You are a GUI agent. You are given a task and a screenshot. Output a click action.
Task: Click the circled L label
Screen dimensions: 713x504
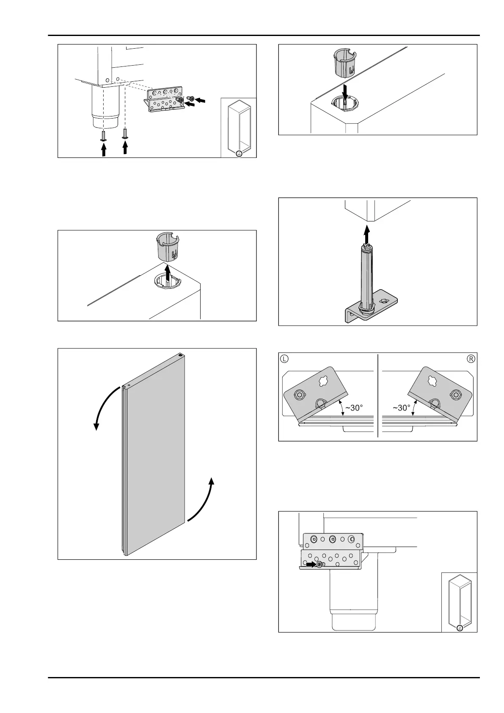(x=285, y=359)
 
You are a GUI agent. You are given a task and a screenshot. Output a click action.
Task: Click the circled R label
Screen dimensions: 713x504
(x=471, y=359)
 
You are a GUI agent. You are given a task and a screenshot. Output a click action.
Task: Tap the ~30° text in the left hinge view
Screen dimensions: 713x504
(x=354, y=408)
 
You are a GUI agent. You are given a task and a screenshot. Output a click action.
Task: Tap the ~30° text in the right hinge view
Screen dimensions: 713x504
(x=401, y=408)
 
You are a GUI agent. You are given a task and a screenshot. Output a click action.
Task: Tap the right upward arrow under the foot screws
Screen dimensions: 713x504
(x=125, y=147)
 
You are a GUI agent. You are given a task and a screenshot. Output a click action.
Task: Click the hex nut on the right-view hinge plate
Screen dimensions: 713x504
(x=456, y=395)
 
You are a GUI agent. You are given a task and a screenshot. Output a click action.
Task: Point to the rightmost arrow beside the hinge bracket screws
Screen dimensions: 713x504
(x=202, y=100)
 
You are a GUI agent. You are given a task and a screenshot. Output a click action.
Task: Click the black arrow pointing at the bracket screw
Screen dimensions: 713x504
(x=311, y=564)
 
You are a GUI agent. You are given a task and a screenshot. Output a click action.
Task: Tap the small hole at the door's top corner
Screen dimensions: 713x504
(x=181, y=356)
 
